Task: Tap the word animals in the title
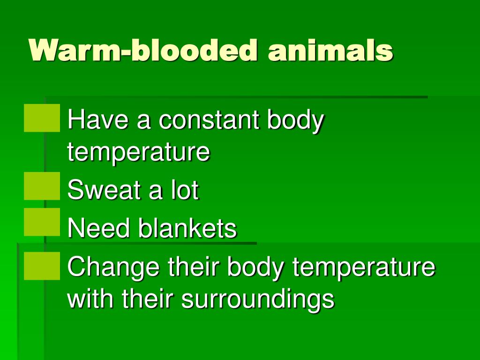(x=330, y=50)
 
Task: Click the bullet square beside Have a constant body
(x=42, y=118)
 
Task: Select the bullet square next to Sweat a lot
(x=42, y=186)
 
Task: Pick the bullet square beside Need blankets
(x=42, y=222)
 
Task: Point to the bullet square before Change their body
(x=42, y=266)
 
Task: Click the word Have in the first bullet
(x=98, y=120)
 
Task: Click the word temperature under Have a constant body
(x=139, y=152)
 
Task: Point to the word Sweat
(x=104, y=189)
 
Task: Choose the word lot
(x=185, y=189)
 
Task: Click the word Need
(x=98, y=228)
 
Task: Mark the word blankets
(x=187, y=228)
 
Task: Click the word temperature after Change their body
(x=364, y=268)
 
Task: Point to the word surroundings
(x=258, y=300)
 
